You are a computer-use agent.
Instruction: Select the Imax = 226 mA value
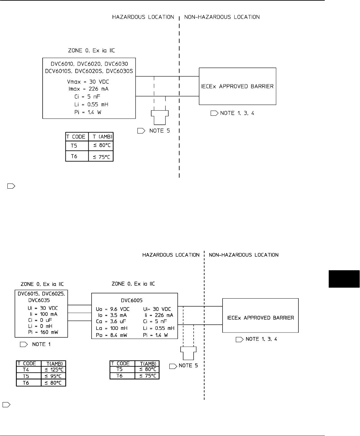pyautogui.click(x=89, y=89)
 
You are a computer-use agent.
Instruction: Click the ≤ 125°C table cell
pyautogui.click(x=54, y=370)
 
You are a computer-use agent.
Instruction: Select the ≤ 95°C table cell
pyautogui.click(x=54, y=376)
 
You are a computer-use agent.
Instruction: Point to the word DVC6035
pyautogui.click(x=38, y=300)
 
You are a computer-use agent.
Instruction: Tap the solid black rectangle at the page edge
pyautogui.click(x=344, y=279)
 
